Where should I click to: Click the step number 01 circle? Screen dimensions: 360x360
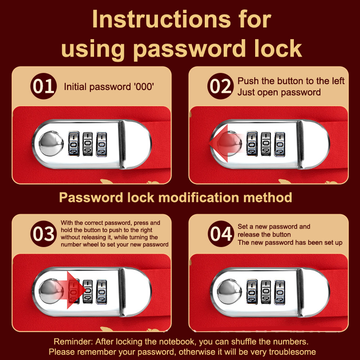pyautogui.click(x=43, y=86)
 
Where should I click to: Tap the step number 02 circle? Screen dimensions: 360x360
pyautogui.click(x=220, y=86)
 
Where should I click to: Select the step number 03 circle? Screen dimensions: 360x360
pyautogui.click(x=43, y=234)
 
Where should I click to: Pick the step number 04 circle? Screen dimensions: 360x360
pyautogui.click(x=221, y=234)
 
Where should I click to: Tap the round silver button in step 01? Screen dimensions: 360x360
pyautogui.click(x=51, y=144)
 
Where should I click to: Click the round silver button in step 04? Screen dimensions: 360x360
pyautogui.click(x=229, y=292)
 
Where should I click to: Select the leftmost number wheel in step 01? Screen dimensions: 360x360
pyautogui.click(x=74, y=144)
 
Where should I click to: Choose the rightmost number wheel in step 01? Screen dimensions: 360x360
pyautogui.click(x=101, y=144)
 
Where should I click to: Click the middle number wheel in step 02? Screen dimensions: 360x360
pyautogui.click(x=265, y=144)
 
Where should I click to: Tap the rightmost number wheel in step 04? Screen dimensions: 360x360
pyautogui.click(x=279, y=292)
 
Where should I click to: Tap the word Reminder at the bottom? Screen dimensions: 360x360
pyautogui.click(x=73, y=342)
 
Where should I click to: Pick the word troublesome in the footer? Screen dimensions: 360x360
pyautogui.click(x=292, y=352)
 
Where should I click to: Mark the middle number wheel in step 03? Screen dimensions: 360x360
pyautogui.click(x=87, y=292)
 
